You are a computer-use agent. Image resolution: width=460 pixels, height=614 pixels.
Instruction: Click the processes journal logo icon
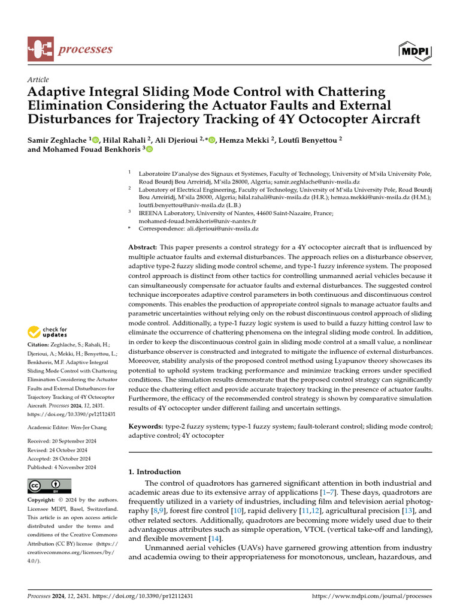pos(40,49)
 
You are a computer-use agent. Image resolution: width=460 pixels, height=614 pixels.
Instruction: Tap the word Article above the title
pos(38,80)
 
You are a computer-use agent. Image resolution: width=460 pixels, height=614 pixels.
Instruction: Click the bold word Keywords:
pos(147,426)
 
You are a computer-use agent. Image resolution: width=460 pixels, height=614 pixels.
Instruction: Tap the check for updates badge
pos(47,332)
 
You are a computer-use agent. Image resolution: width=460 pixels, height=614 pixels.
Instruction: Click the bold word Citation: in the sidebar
pos(40,345)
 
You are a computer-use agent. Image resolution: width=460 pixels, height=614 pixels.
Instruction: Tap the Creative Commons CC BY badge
pos(49,486)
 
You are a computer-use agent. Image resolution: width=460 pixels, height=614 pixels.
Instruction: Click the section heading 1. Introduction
pos(155,472)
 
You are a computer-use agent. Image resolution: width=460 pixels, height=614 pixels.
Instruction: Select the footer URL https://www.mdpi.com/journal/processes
pos(372,597)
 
